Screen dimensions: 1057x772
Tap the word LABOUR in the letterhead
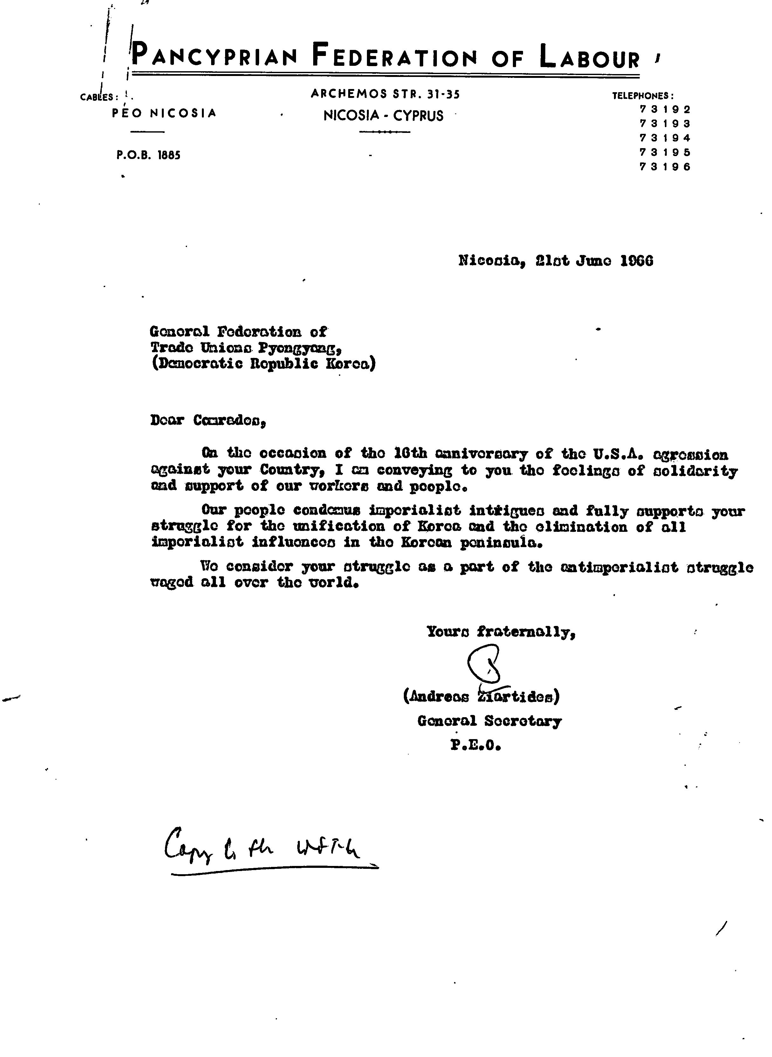click(x=590, y=57)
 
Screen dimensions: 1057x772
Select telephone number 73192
click(x=665, y=109)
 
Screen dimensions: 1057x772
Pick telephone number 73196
click(x=665, y=167)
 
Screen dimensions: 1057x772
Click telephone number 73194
click(x=665, y=138)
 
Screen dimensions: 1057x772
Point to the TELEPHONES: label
click(x=643, y=96)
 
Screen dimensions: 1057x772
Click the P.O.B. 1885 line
click(x=148, y=155)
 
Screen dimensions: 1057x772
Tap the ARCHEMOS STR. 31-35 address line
click(x=385, y=94)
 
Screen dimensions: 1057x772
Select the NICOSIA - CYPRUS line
click(x=383, y=115)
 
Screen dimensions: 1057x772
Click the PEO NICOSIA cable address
click(x=164, y=113)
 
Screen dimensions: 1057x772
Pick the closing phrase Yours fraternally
click(x=500, y=632)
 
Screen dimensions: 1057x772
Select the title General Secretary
click(x=489, y=721)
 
